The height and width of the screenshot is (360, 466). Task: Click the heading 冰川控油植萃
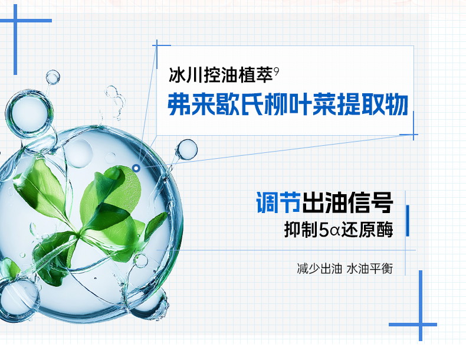[x=221, y=74]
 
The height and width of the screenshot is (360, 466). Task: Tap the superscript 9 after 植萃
[x=277, y=71]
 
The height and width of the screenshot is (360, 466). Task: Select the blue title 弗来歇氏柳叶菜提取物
[x=288, y=104]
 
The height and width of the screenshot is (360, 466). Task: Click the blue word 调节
[x=278, y=202]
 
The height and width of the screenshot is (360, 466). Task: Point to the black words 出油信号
[x=347, y=202]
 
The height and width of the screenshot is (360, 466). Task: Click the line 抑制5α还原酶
[x=339, y=229]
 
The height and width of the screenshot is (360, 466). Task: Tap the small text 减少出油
[x=319, y=269]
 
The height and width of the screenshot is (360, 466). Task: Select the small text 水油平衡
[x=370, y=269]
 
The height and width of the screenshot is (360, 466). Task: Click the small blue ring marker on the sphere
[x=136, y=168]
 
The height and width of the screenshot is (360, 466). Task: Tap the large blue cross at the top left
[x=15, y=21]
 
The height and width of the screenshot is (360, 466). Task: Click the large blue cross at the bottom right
[x=420, y=325]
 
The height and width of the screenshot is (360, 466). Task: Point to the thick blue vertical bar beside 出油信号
[x=408, y=221]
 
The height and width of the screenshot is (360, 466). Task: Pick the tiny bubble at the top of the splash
[x=53, y=77]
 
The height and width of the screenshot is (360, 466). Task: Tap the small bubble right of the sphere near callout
[x=186, y=149]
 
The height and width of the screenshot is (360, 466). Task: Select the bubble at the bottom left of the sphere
[x=18, y=299]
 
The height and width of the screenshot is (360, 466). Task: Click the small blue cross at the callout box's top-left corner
[x=157, y=45]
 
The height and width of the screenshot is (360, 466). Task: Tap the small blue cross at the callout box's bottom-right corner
[x=413, y=135]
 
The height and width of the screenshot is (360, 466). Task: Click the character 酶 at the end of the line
[x=385, y=229]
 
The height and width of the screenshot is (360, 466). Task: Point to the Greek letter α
[x=334, y=231]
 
